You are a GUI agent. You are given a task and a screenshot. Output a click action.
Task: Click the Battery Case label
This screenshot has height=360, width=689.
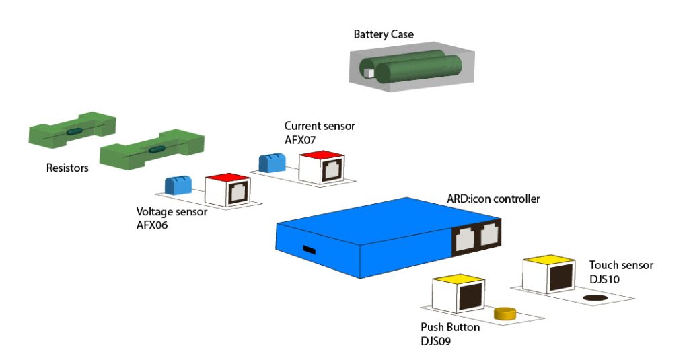point(384,34)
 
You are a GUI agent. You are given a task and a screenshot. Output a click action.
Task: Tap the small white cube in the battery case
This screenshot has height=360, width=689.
point(368,73)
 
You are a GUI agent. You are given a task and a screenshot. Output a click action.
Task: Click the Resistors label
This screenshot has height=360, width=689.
point(67,168)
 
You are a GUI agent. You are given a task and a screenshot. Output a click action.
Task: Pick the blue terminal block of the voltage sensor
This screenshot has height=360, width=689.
point(178,185)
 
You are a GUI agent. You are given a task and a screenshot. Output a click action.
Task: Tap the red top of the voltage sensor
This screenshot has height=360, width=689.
point(227,178)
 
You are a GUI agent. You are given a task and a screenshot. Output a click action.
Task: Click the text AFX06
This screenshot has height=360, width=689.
point(152,225)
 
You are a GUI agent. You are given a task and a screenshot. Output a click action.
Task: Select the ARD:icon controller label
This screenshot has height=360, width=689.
point(493,199)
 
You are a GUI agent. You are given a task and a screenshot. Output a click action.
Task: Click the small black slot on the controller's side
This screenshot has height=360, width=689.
point(309,250)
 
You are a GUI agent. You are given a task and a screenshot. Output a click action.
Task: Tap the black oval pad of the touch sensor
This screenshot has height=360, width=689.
point(594,297)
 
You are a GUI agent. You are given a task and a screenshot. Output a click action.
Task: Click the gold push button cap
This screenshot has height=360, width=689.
point(504,313)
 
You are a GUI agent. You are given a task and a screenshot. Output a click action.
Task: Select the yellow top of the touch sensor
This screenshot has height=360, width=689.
point(548,259)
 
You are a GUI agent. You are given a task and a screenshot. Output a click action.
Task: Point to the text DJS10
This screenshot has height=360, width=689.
point(605,279)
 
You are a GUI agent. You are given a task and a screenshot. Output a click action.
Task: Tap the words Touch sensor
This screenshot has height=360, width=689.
point(620,265)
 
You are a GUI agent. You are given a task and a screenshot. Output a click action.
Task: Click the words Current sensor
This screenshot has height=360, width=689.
point(319,126)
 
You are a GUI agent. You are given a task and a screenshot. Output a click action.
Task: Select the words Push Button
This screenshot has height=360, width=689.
point(450,327)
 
